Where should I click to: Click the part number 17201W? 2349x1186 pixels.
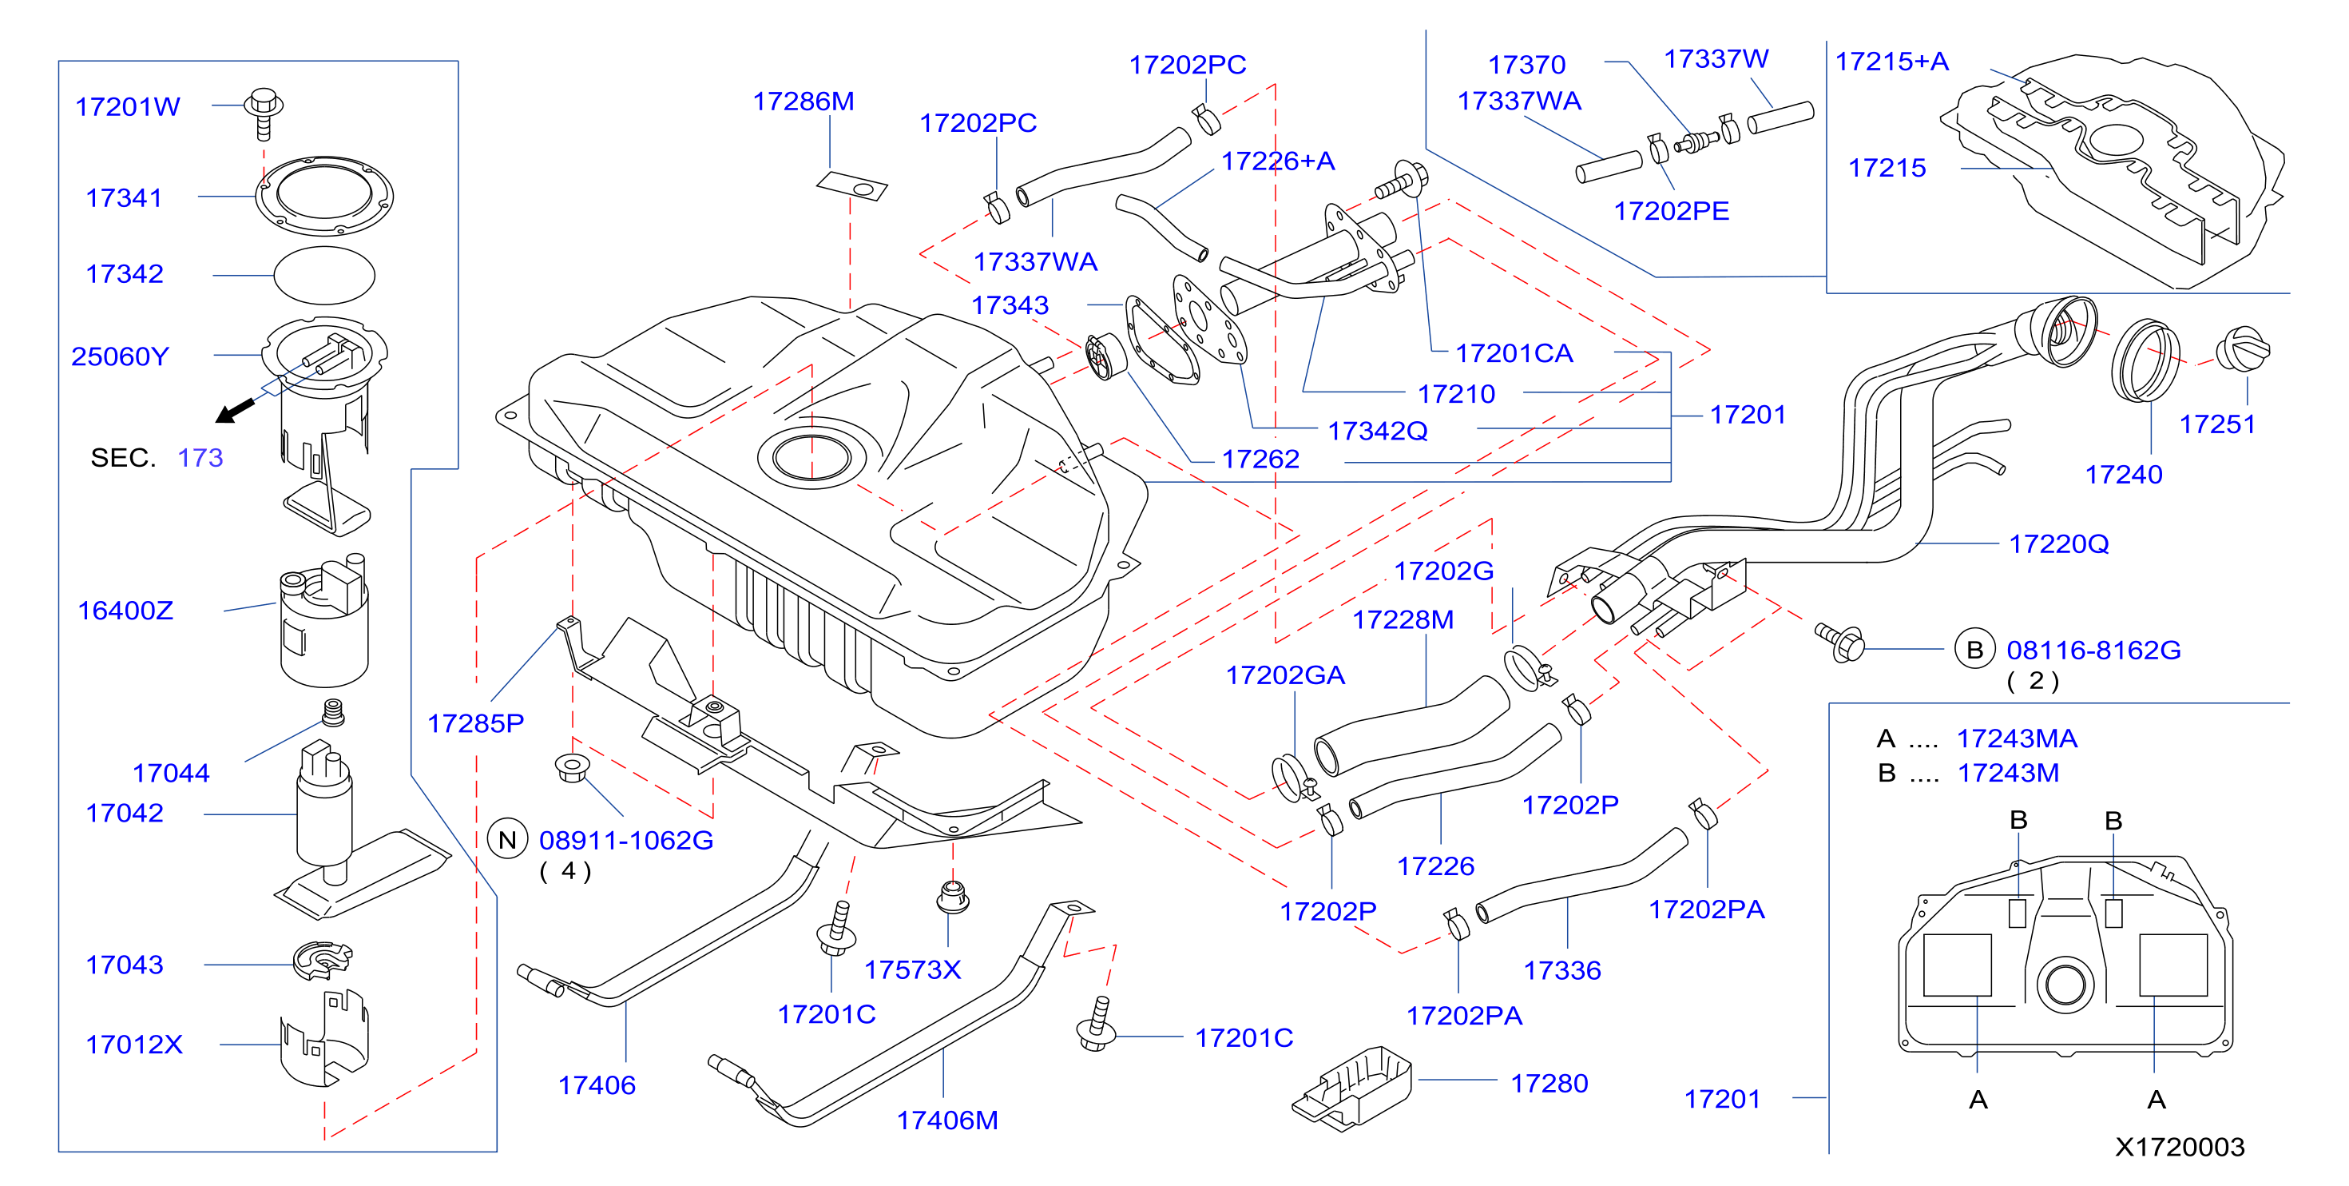tap(128, 107)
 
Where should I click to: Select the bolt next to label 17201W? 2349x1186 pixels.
tap(264, 113)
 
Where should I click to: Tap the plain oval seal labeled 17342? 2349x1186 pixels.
tap(323, 275)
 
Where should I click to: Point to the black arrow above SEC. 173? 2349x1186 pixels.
tap(236, 410)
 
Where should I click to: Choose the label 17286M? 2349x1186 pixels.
tap(804, 101)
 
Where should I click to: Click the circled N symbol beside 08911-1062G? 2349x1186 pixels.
tap(508, 839)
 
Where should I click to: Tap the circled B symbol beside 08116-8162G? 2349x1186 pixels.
tap(1975, 650)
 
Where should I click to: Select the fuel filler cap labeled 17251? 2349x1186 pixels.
tap(2242, 348)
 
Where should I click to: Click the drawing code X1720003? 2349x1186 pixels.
tap(2180, 1147)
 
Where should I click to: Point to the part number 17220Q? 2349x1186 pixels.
tap(2059, 543)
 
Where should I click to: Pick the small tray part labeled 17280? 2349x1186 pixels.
tap(1351, 1088)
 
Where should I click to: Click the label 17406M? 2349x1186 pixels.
tap(947, 1120)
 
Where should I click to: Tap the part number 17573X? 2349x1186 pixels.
tap(913, 969)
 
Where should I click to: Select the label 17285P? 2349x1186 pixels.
tap(476, 723)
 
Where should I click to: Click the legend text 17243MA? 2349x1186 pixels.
tap(2017, 738)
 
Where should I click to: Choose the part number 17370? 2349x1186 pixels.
tap(1526, 65)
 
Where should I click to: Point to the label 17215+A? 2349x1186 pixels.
tap(1892, 61)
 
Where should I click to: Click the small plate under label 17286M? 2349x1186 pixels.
tap(851, 186)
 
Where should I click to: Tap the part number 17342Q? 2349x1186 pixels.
tap(1378, 431)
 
